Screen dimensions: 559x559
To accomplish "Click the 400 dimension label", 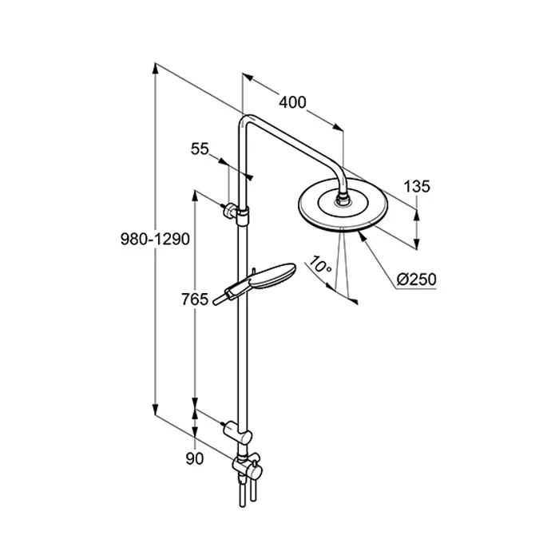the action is pyautogui.click(x=292, y=102).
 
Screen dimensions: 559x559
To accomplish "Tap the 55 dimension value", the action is pyautogui.click(x=200, y=149).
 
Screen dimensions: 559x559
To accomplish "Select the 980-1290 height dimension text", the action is pyautogui.click(x=155, y=239).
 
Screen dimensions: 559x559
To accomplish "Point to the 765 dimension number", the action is pyautogui.click(x=195, y=299).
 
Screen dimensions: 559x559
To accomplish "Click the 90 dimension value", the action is pyautogui.click(x=195, y=459).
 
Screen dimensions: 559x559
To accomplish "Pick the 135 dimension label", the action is pyautogui.click(x=417, y=186).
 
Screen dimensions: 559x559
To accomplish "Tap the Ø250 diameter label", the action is pyautogui.click(x=416, y=279).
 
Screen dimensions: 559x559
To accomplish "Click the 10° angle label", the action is pyautogui.click(x=319, y=264).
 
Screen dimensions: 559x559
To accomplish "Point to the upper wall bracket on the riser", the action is pyautogui.click(x=236, y=213).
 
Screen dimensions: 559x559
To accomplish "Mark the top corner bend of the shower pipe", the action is pyautogui.click(x=247, y=120).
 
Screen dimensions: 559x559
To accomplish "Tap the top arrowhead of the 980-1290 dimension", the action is pyautogui.click(x=155, y=69).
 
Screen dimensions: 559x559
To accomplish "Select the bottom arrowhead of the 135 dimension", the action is pyautogui.click(x=417, y=244).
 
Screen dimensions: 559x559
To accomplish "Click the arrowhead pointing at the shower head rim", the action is pyautogui.click(x=362, y=236).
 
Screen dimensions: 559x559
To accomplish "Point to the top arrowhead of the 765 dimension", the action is pyautogui.click(x=195, y=196).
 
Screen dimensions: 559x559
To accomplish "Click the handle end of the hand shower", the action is pyautogui.click(x=216, y=303).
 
